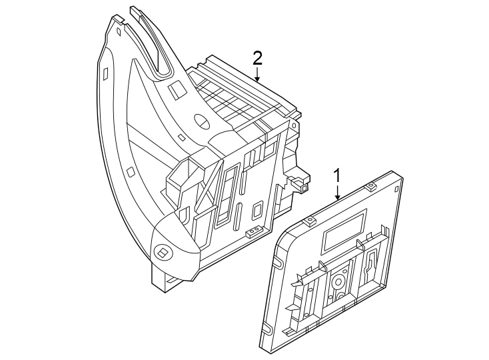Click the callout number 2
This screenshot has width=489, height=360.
coord(257,57)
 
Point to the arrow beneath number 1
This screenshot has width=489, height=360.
coord(338,193)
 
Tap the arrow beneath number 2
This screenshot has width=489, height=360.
coord(257,75)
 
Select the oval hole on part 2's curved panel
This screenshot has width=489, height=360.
coord(201,122)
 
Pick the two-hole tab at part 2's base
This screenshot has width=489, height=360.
coord(254,231)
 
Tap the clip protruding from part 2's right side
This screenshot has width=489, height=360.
coord(300,183)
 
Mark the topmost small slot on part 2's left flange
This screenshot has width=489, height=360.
coord(118,30)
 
